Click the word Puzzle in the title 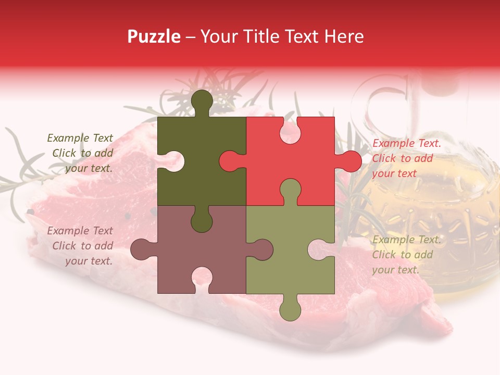pyautogui.click(x=154, y=36)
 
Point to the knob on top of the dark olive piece pyautogui.click(x=202, y=102)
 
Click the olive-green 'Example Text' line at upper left pyautogui.click(x=80, y=138)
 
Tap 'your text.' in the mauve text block pyautogui.click(x=89, y=261)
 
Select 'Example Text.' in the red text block pyautogui.click(x=407, y=143)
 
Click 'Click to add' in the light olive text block pyautogui.click(x=402, y=255)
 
